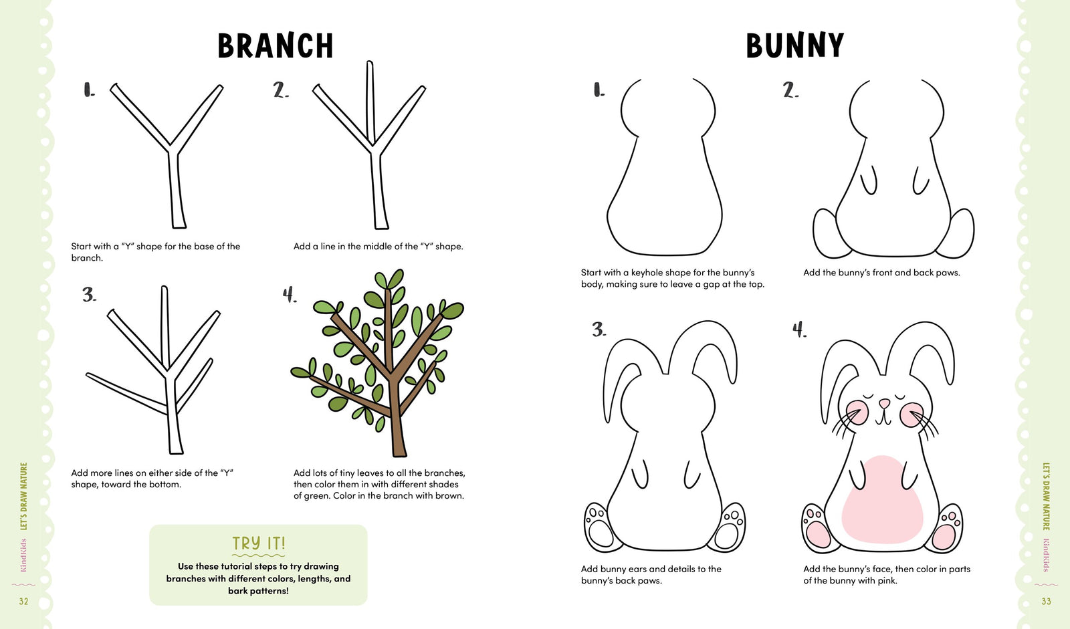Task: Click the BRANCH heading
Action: pos(275,46)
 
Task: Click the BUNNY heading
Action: pos(794,46)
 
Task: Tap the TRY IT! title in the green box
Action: pos(258,543)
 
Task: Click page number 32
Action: pos(23,602)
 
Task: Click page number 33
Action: pos(1046,602)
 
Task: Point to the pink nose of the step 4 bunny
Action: pos(884,403)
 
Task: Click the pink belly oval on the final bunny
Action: pos(882,499)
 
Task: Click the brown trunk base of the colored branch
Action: pos(399,441)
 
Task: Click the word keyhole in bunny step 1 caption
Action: pos(647,273)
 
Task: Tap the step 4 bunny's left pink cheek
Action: pos(857,412)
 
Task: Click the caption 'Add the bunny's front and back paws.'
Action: pos(881,273)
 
